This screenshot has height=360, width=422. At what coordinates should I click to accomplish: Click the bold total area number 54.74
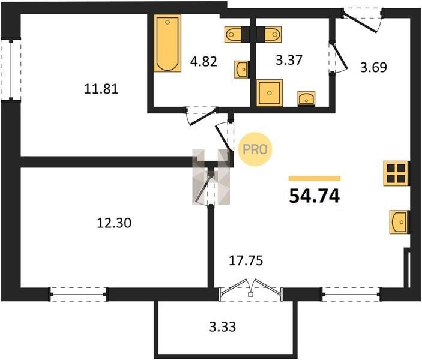click(315, 196)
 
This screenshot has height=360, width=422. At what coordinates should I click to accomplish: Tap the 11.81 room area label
click(101, 89)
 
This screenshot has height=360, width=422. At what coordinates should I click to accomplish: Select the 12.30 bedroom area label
click(114, 223)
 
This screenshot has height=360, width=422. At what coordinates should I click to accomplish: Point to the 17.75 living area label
click(246, 260)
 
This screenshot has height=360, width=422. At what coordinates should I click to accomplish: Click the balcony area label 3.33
click(223, 327)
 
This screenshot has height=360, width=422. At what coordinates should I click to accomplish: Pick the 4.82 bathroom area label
click(203, 62)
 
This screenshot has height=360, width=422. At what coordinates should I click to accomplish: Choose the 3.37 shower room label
click(289, 60)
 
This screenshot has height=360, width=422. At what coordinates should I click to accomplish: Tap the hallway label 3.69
click(373, 67)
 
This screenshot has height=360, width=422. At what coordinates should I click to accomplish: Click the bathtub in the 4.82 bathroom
click(167, 43)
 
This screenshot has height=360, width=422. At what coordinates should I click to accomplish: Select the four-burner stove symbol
click(396, 173)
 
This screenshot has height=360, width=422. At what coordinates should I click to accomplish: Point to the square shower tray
click(270, 93)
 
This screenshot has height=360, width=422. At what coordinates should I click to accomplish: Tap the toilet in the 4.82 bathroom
click(234, 34)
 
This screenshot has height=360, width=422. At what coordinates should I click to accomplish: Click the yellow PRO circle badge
click(255, 149)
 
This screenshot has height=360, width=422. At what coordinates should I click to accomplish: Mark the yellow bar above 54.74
click(315, 178)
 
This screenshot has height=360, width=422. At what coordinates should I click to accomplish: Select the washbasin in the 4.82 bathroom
click(241, 70)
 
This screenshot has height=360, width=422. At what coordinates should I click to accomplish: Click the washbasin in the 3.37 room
click(306, 98)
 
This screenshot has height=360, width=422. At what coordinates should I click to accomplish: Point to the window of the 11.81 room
click(11, 70)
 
